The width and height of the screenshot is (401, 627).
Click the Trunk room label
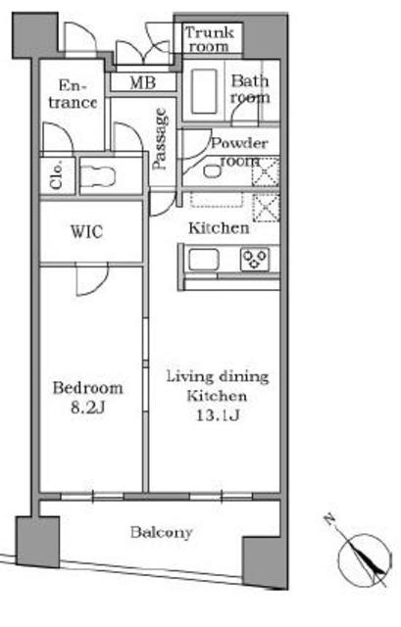coord(210,39)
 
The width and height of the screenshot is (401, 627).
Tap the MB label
coord(143,82)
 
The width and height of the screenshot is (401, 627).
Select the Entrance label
coord(73,94)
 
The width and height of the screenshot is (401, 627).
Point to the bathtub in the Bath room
coord(204,91)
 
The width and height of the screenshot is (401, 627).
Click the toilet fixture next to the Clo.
coord(98,176)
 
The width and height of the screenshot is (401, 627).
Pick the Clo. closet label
coord(57,175)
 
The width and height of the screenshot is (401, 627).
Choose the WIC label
coord(86,232)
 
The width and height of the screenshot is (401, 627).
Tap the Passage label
coord(160,139)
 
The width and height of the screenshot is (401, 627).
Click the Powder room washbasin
coord(212,171)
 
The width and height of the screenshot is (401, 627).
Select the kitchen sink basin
coord(204,260)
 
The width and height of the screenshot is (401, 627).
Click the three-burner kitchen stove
coord(255,260)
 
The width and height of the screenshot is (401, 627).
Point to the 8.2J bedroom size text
coord(87,408)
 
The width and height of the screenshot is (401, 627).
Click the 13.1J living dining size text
coord(218,415)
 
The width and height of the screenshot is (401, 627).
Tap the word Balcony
coord(162,533)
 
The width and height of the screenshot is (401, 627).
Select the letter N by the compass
coord(329,519)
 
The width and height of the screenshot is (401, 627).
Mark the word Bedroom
coord(87,388)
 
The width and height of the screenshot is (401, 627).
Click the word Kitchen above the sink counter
coord(219,228)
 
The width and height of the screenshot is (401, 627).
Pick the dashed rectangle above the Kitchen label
coord(217,200)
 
